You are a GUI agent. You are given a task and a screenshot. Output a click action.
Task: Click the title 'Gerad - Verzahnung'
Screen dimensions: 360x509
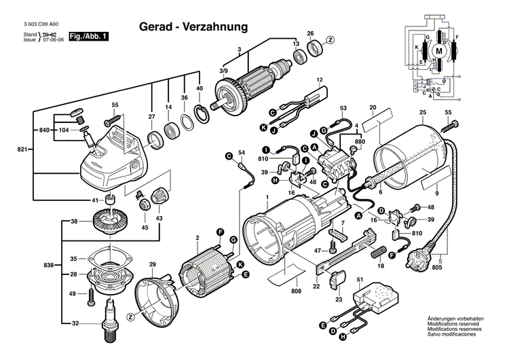click(193, 26)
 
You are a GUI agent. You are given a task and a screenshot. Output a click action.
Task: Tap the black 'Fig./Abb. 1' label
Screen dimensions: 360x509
click(90, 36)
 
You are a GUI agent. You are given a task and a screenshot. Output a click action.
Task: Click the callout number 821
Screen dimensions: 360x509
click(21, 149)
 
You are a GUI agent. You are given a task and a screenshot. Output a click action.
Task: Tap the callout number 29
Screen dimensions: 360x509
click(153, 264)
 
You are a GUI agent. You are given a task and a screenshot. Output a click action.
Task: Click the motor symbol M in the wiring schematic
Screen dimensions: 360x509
click(438, 51)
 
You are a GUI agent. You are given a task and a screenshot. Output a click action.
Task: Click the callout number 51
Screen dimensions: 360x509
click(360, 280)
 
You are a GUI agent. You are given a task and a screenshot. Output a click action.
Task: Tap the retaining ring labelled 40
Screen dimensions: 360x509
click(202, 113)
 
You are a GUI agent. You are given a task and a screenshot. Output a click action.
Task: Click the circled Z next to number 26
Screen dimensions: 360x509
click(331, 40)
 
